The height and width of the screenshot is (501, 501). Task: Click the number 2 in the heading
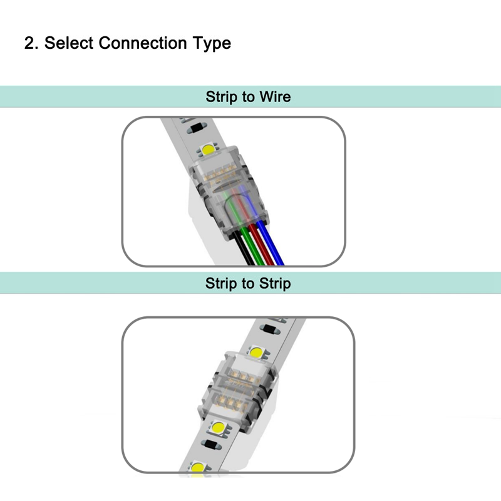29,43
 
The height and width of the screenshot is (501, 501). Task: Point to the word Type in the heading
212,44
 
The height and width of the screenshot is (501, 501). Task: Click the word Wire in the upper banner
274,97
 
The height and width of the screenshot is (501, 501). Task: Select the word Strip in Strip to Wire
221,97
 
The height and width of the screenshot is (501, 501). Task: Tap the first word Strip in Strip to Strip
221,284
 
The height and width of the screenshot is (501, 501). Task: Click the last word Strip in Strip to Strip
274,284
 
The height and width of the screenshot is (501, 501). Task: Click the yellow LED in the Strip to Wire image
207,150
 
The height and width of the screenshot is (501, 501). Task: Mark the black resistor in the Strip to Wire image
197,129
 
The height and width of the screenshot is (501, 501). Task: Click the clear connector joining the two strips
238,388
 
